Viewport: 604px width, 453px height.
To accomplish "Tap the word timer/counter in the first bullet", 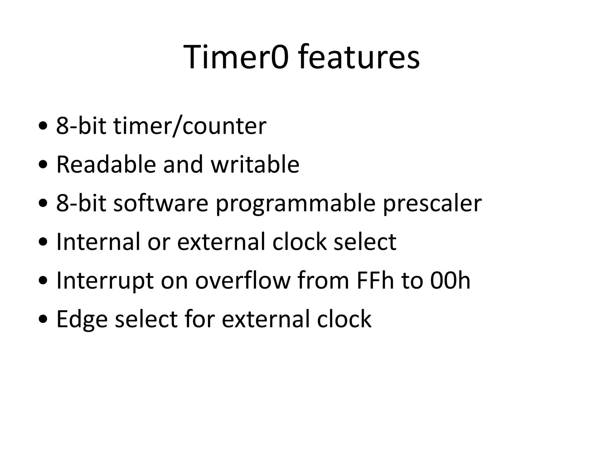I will (190, 126).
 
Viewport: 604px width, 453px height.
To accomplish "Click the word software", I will (161, 203).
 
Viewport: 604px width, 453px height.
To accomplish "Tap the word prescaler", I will (432, 203).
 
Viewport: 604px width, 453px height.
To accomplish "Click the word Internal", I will (98, 242).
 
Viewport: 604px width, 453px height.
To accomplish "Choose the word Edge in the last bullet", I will (82, 319).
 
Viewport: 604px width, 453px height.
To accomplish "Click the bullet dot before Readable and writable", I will (43, 165).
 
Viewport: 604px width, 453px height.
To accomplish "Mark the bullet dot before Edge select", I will (43, 319).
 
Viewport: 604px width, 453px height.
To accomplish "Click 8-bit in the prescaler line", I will (81, 203).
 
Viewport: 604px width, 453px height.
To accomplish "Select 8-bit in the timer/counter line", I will (81, 126).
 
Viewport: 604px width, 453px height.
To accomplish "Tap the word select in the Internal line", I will (365, 242).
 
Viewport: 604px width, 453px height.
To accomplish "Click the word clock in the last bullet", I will (344, 319).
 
